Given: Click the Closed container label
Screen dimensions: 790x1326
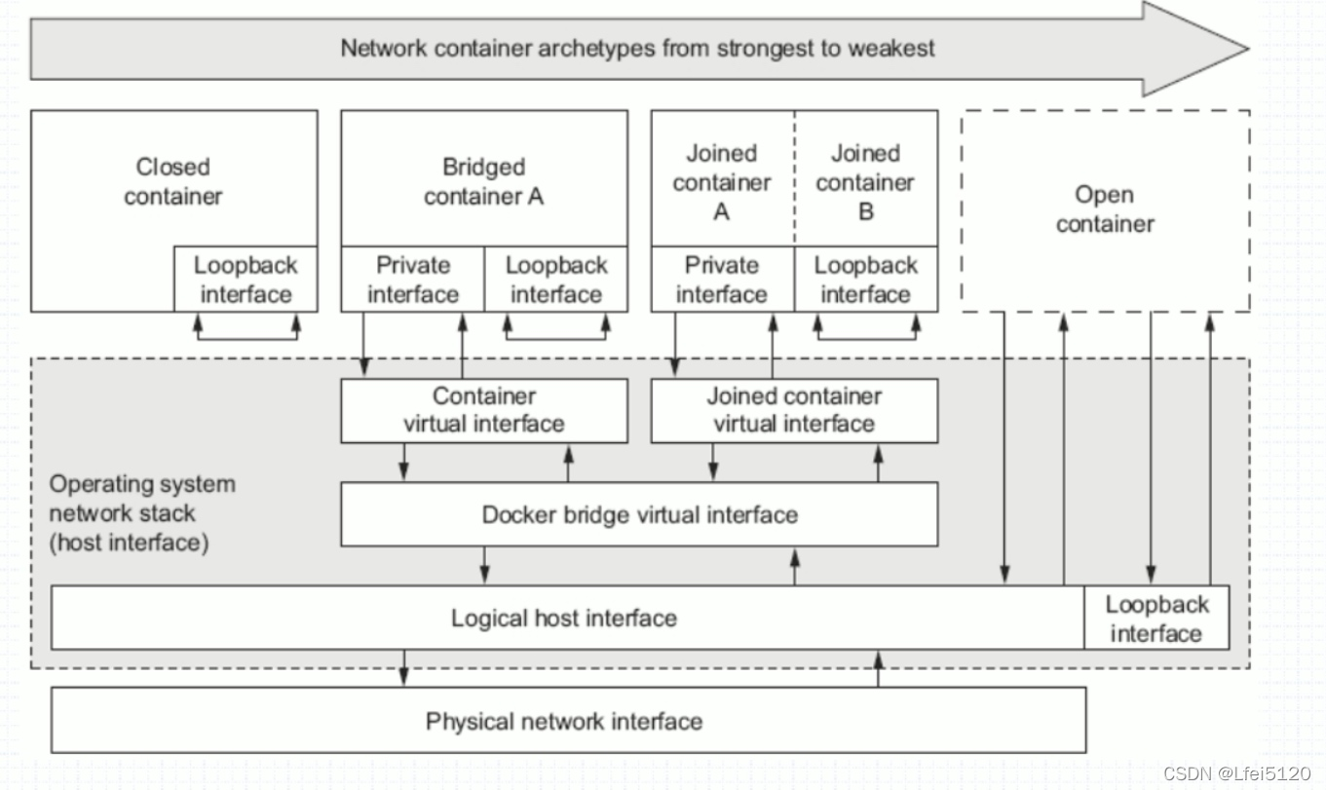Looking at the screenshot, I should pyautogui.click(x=173, y=181).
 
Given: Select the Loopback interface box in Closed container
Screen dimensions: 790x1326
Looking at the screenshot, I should pyautogui.click(x=246, y=280).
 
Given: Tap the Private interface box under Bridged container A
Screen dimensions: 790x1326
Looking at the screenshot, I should pyautogui.click(x=413, y=280).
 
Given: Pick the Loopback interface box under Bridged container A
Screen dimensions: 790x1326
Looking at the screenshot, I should pyautogui.click(x=555, y=280).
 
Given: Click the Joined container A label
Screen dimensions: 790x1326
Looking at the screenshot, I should pyautogui.click(x=721, y=181).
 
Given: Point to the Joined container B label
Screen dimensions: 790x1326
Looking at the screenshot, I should pyautogui.click(x=865, y=181).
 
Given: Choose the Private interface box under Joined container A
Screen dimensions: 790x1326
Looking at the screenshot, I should pyautogui.click(x=722, y=280).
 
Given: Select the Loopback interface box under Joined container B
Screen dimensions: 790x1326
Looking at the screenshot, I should pyautogui.click(x=865, y=280).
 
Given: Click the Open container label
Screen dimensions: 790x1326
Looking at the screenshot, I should pyautogui.click(x=1105, y=208).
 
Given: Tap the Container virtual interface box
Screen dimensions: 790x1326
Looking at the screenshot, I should pyautogui.click(x=483, y=410).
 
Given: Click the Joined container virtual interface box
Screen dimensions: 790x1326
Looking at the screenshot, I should pyautogui.click(x=794, y=410).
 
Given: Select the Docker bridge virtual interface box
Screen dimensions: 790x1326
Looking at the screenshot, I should pyautogui.click(x=639, y=514).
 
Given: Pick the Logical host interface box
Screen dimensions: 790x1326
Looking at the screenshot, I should pyautogui.click(x=563, y=618).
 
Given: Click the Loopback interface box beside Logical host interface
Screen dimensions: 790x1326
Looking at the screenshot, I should pyautogui.click(x=1156, y=619).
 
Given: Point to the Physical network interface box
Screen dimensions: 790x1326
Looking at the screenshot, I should pyautogui.click(x=563, y=722).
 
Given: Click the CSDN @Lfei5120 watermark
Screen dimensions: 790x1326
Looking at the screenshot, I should pyautogui.click(x=1236, y=773).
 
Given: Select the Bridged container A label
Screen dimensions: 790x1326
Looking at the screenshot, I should pyautogui.click(x=483, y=181).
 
